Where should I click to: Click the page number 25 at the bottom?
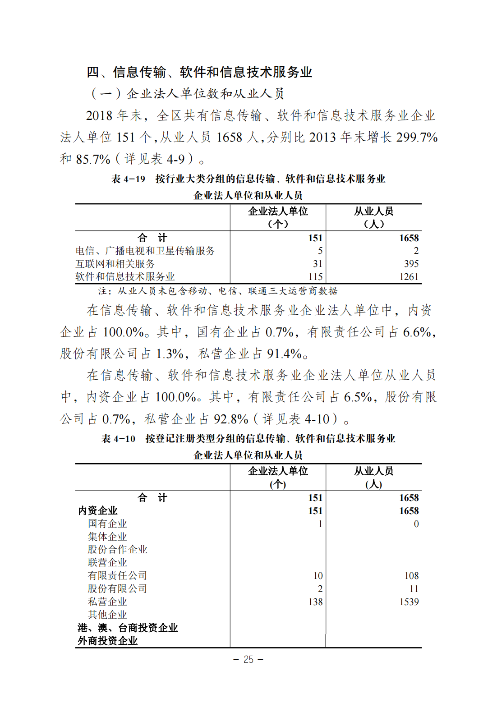coord(248,659)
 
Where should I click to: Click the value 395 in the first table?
coord(411,264)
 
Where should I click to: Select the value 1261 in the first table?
coord(409,277)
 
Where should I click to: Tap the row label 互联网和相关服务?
coord(115,264)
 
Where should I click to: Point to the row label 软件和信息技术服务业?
coord(125,277)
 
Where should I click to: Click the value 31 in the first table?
coord(318,264)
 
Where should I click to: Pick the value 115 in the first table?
coord(315,277)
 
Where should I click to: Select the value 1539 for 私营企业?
coord(409,602)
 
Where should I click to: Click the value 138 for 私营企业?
coord(315,602)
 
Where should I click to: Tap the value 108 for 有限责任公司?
coord(411,576)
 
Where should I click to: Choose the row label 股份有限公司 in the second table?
coord(117,589)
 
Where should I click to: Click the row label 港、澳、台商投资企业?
coord(128,628)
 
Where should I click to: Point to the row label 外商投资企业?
coord(107,641)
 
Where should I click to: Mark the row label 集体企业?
coord(107,537)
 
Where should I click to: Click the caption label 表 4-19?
coord(129,179)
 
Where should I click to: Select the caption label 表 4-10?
coord(119,439)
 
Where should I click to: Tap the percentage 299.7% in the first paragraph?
coord(417,138)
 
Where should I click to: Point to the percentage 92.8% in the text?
coord(230,419)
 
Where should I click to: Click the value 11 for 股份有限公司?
coord(414,589)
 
